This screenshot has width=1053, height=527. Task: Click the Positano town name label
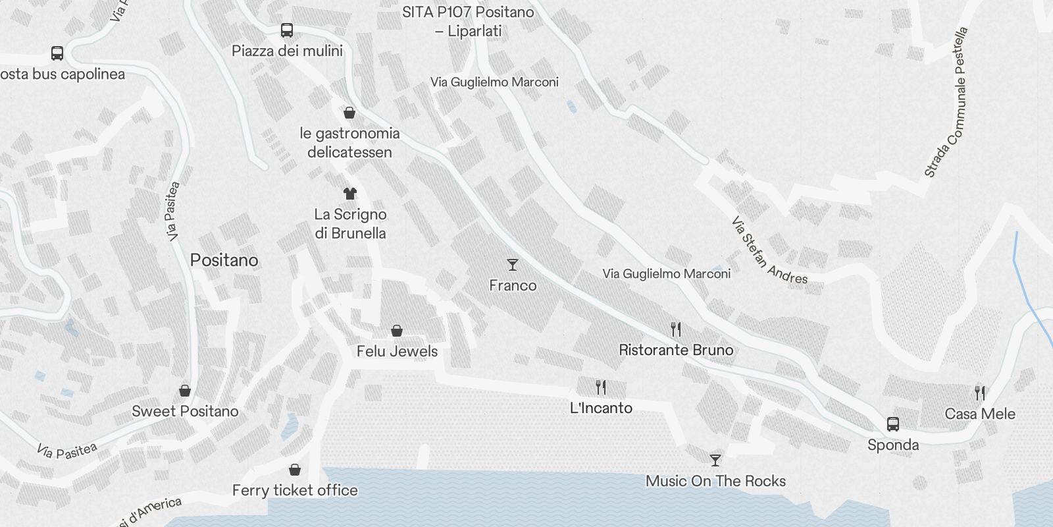[x=224, y=260]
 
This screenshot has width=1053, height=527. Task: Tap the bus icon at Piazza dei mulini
[x=287, y=30]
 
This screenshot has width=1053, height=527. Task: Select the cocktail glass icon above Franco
[x=513, y=265]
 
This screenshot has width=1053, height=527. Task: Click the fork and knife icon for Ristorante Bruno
[x=676, y=329]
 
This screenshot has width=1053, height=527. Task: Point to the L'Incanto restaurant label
[x=601, y=408]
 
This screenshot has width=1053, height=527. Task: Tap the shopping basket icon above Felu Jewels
[x=397, y=330]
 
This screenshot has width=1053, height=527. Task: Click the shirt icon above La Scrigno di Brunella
[x=349, y=193]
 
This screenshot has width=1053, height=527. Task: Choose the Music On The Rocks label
[x=715, y=481]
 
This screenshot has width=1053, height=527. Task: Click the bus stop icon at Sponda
[x=893, y=424]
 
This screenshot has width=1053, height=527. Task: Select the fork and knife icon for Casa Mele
[x=980, y=393]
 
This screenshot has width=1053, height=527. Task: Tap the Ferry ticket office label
[x=295, y=490]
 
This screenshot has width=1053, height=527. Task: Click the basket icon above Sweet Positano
[x=185, y=391]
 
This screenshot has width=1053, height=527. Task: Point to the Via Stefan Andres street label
[x=769, y=251]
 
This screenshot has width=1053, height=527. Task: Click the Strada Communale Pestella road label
[x=946, y=103]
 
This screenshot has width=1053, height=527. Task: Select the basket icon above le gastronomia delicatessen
[x=349, y=113]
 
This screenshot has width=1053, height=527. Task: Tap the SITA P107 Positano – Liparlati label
[x=468, y=21]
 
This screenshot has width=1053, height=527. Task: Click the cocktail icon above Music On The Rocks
[x=715, y=460]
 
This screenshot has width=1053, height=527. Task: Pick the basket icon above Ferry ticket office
[x=295, y=470]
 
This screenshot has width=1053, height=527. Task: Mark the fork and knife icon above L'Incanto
[x=600, y=387]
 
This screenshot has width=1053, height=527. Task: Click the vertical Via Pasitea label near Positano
[x=172, y=211]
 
